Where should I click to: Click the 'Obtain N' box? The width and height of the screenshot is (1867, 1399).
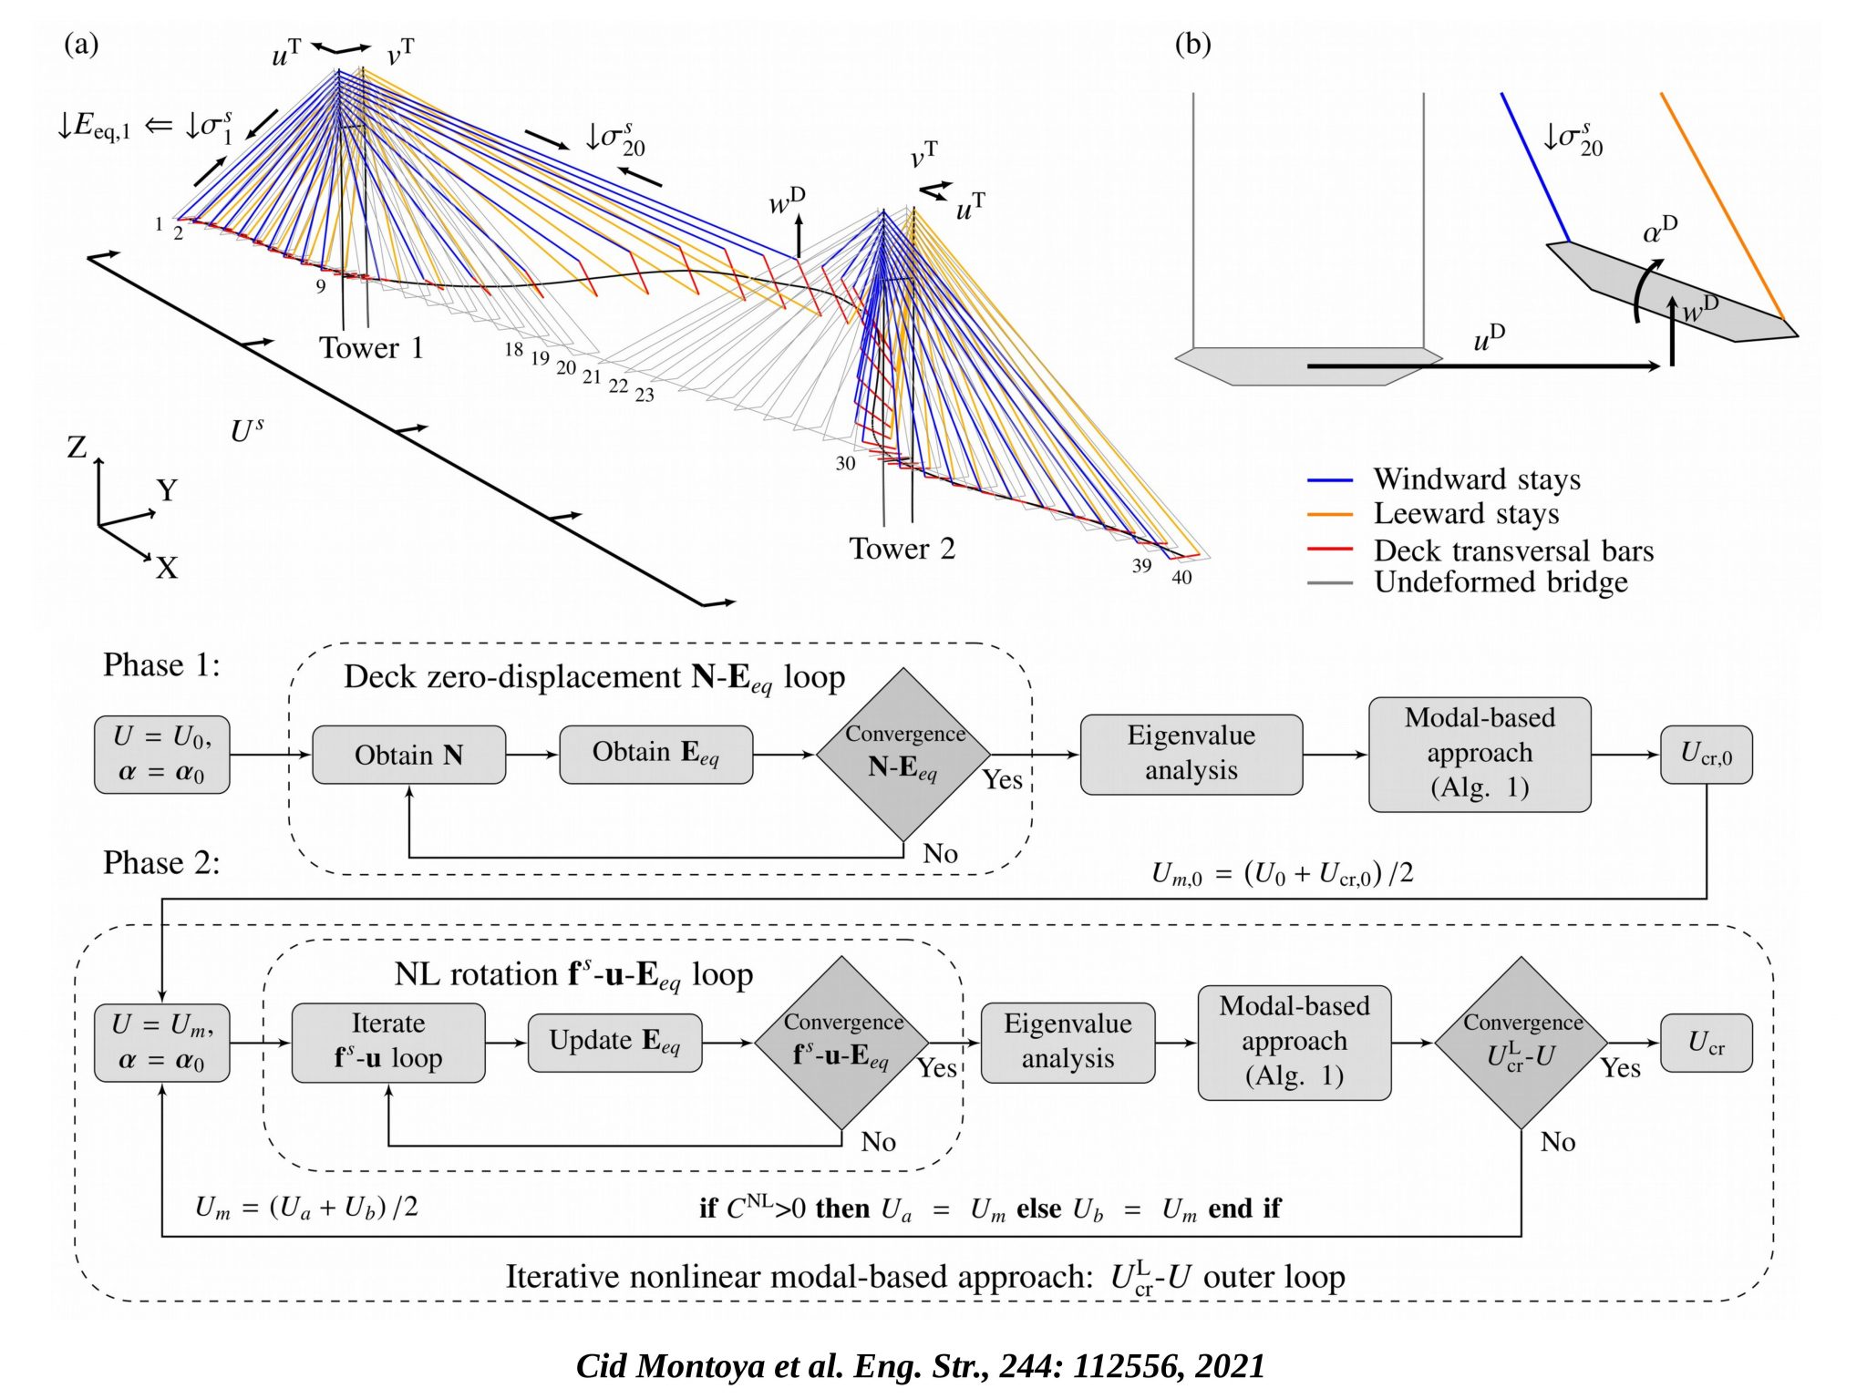408,755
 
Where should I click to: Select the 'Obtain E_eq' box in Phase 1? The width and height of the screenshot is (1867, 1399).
655,755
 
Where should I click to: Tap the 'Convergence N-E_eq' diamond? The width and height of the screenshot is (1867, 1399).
903,755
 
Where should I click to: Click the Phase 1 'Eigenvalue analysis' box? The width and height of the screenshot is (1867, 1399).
1191,754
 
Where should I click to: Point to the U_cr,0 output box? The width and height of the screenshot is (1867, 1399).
1706,755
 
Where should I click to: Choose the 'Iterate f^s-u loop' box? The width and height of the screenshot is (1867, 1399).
387,1043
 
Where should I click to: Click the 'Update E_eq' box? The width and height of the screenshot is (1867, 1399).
614,1043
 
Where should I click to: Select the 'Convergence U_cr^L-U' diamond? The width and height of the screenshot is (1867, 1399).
1521,1043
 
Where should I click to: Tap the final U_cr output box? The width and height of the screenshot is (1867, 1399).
1706,1043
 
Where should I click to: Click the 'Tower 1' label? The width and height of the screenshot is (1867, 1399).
371,348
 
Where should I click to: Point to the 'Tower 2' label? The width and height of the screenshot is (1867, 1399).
902,549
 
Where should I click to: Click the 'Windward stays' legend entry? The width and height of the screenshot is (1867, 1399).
1477,479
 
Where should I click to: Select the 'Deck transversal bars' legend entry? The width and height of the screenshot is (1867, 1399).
1513,550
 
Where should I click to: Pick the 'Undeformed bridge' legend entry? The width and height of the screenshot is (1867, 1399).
1501,581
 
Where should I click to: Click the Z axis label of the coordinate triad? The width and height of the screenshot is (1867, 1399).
77,447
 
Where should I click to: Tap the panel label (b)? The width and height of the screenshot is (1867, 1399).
1192,44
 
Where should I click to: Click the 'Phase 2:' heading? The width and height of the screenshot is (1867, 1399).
161,862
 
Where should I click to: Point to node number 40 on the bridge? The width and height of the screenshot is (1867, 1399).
1181,577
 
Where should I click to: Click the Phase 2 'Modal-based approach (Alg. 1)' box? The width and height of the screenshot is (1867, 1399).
1294,1042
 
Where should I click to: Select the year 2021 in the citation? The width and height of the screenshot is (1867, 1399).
1230,1365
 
